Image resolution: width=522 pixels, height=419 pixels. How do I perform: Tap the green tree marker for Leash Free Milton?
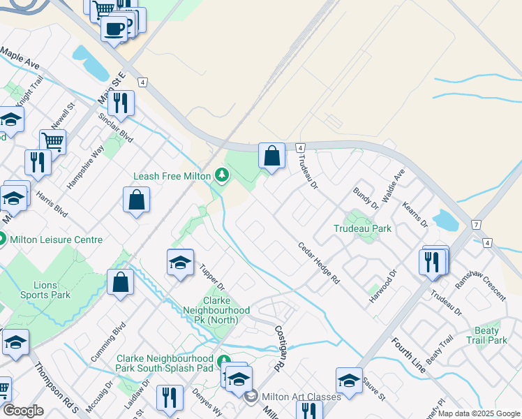(x=222, y=174)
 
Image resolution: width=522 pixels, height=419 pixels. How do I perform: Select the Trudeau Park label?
(x=362, y=228)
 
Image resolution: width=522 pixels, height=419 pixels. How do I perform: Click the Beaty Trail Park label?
(x=487, y=335)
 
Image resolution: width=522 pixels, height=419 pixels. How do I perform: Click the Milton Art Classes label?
(x=301, y=396)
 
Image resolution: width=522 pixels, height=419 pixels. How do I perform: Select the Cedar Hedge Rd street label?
(x=318, y=263)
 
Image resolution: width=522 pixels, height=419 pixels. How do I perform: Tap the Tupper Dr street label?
(x=211, y=277)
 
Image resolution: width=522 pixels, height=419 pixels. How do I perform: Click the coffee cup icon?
(x=114, y=29)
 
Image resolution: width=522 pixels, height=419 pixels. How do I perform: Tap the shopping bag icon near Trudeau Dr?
(x=271, y=156)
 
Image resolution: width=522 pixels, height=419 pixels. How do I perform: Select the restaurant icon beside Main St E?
(x=121, y=103)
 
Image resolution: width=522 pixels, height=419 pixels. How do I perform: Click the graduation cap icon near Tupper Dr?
(x=180, y=263)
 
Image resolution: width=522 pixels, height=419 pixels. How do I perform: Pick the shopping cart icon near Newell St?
(x=52, y=141)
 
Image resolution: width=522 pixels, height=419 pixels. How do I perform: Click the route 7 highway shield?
(x=475, y=225)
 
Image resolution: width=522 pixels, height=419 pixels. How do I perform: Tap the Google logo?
(x=22, y=411)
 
